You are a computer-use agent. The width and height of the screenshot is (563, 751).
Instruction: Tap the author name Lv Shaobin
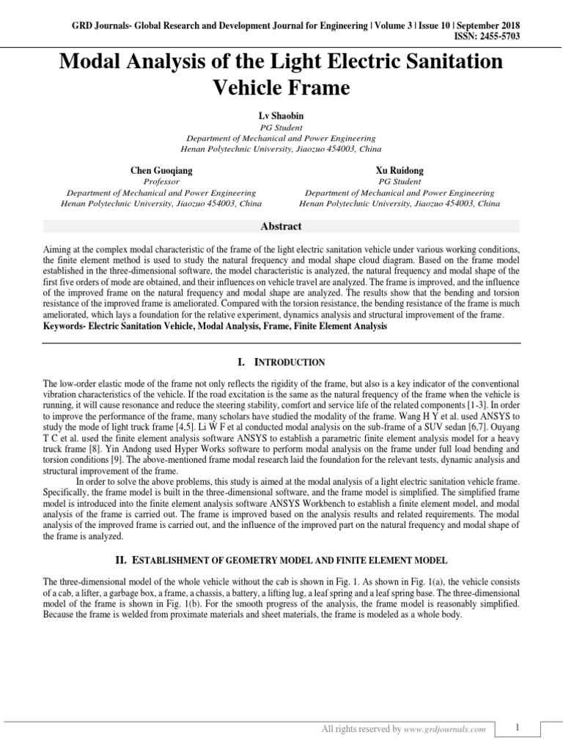coord(281,116)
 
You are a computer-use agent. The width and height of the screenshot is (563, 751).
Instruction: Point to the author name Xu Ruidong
coord(400,170)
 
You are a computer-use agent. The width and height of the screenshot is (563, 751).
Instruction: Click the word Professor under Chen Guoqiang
coord(161,181)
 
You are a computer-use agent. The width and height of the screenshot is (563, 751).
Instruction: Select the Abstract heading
coord(281,227)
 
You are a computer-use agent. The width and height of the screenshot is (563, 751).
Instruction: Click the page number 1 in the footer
coord(517,728)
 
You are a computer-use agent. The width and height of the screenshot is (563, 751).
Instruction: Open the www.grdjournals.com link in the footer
coord(446,730)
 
